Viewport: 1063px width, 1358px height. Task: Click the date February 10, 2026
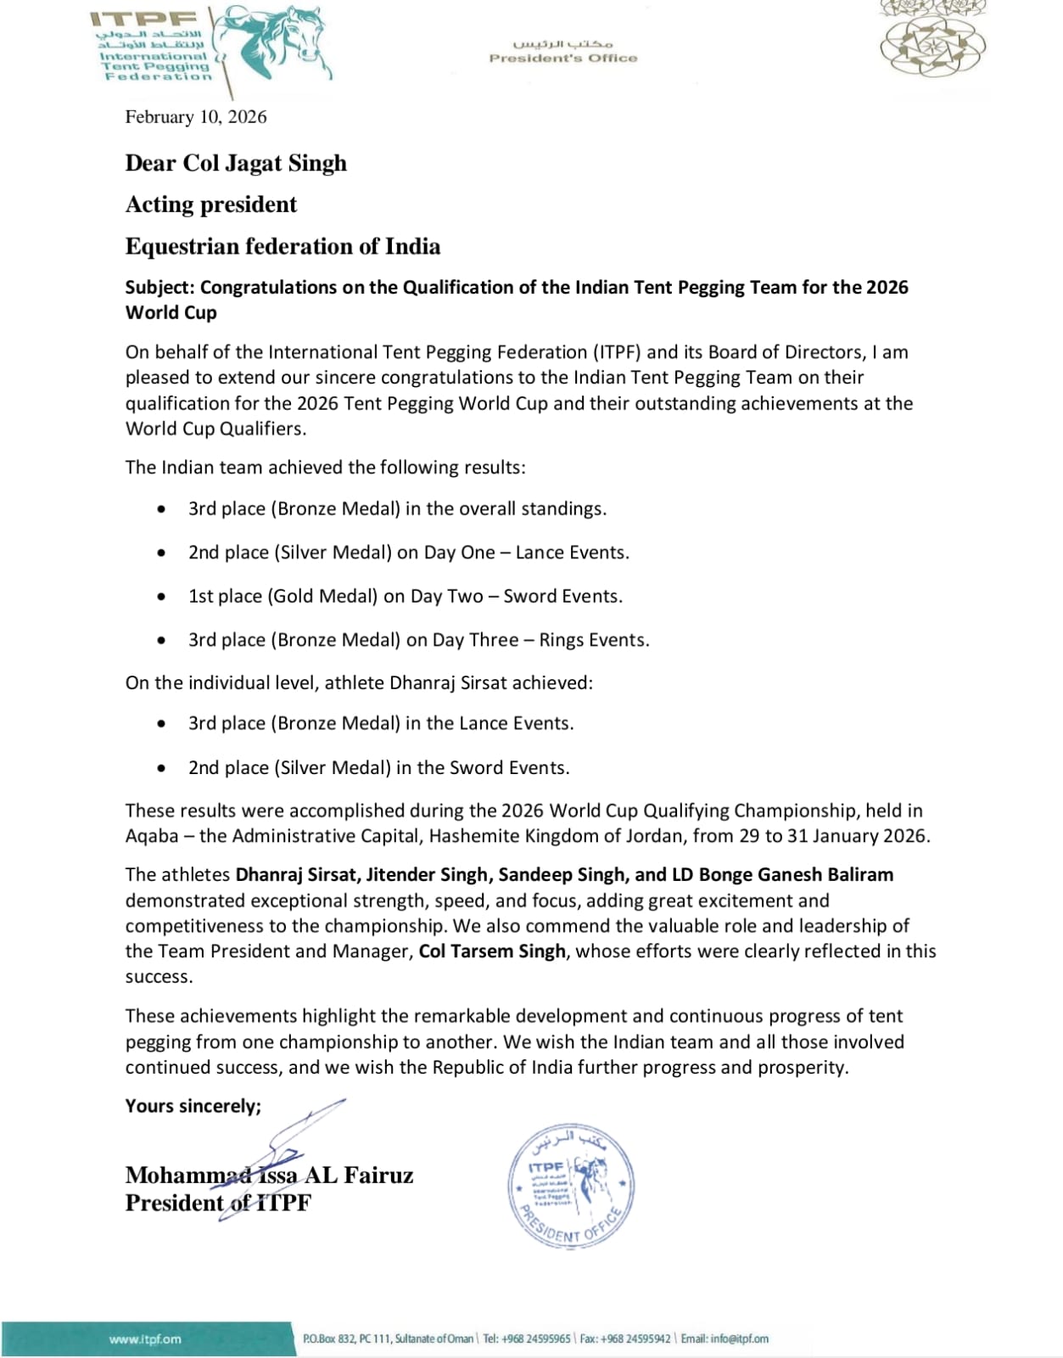point(196,117)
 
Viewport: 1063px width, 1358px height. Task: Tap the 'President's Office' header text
point(562,58)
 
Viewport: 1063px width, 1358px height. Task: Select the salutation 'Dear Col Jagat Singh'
point(236,163)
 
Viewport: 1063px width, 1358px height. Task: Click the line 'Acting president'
point(211,205)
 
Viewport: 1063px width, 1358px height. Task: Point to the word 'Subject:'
point(160,288)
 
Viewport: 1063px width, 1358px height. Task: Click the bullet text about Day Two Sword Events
point(405,597)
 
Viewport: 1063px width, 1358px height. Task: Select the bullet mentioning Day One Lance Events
point(408,553)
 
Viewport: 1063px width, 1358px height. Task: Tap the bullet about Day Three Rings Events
point(418,640)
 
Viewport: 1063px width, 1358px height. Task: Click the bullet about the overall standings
point(397,509)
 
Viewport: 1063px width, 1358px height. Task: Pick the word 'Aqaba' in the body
point(152,836)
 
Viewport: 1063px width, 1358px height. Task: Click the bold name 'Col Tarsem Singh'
point(492,951)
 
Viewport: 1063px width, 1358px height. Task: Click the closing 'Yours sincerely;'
point(193,1106)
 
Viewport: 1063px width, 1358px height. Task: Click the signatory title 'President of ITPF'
point(218,1204)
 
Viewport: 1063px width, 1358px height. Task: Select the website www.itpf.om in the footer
point(145,1339)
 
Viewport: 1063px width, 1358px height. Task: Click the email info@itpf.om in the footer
point(739,1339)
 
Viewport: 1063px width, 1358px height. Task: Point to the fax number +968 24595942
point(635,1339)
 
